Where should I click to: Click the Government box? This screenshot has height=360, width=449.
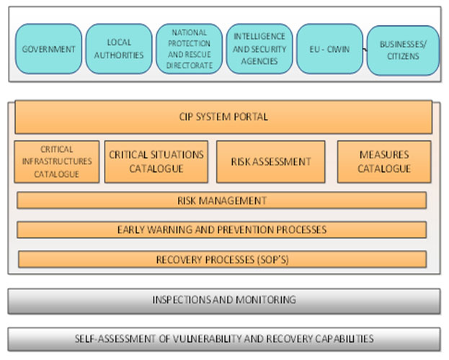tap(48, 49)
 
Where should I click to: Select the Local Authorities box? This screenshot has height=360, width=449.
tap(119, 49)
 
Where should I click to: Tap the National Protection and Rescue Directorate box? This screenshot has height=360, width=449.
tap(190, 49)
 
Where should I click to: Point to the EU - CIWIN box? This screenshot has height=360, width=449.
tap(330, 49)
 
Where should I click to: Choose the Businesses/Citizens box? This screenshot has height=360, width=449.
tap(403, 50)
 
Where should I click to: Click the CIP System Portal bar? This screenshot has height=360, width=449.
tap(223, 117)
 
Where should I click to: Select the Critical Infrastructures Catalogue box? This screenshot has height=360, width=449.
tap(57, 161)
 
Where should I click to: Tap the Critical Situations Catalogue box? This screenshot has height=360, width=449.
tap(156, 161)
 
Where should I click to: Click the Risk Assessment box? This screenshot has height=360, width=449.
tap(271, 161)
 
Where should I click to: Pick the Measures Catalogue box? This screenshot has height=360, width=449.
tap(384, 161)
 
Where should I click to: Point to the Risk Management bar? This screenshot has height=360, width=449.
tap(222, 200)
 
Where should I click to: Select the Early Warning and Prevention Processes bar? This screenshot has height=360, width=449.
tap(222, 230)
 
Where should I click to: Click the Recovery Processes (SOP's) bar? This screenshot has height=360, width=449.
tap(222, 259)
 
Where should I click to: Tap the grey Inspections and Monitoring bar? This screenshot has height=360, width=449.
tap(224, 300)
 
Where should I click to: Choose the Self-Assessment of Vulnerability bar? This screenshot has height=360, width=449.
tap(224, 338)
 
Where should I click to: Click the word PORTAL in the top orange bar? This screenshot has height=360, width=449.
tap(251, 117)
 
